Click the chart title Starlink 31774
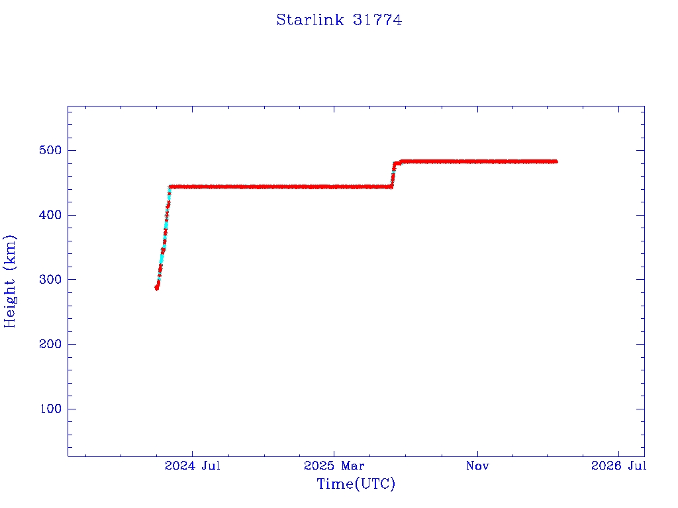(339, 20)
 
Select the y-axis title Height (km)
(10, 280)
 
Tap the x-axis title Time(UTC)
(356, 484)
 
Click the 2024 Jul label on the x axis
(192, 466)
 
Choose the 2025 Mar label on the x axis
(334, 466)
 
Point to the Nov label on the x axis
(477, 466)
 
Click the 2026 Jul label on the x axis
(618, 466)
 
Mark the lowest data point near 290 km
(157, 288)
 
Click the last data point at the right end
(556, 161)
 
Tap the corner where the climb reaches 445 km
(170, 187)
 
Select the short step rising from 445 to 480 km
(393, 173)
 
